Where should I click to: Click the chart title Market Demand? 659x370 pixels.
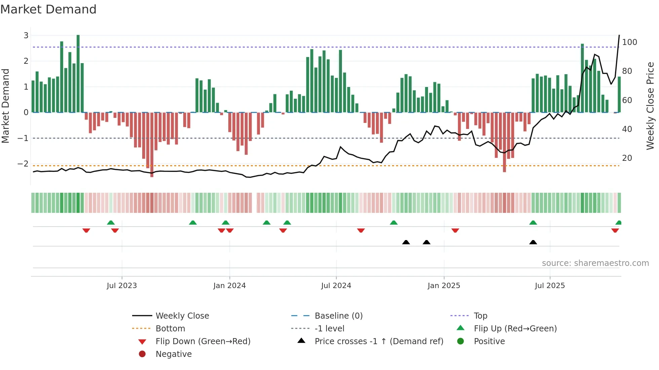point(48,9)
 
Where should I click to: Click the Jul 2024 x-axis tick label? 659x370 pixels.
point(336,286)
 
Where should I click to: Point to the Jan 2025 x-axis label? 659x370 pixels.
point(443,286)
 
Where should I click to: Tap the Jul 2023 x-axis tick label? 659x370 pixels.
point(122,286)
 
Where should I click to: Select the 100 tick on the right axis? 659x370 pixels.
point(629,42)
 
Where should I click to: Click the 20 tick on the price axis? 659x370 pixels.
point(627,158)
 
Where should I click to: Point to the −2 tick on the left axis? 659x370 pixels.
point(23,164)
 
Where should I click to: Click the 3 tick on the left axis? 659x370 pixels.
point(26,35)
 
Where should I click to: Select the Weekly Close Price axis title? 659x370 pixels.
point(650,106)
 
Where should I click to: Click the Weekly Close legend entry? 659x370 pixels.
point(182,316)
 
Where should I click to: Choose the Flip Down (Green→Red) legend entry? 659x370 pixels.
point(203,341)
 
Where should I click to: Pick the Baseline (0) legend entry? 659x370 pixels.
point(338,316)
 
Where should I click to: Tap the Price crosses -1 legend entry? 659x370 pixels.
point(379,341)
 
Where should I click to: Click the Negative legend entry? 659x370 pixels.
point(173,354)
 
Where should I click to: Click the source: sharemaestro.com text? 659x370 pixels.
point(595,263)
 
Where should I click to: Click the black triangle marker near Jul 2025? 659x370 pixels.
point(533,242)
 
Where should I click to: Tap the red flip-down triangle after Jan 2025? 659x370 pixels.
point(455,231)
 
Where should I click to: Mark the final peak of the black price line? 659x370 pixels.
point(619,35)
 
